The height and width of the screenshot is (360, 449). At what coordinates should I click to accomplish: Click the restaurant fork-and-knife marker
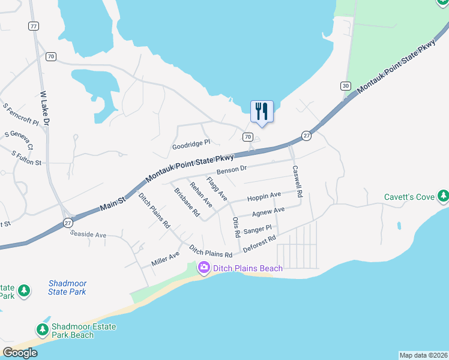click(x=262, y=111)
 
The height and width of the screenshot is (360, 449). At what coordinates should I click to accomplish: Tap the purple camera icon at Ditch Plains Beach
click(x=204, y=267)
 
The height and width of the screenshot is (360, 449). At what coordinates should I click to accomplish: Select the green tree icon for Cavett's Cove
click(x=443, y=196)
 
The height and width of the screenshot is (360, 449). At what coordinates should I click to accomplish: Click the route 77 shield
click(x=33, y=26)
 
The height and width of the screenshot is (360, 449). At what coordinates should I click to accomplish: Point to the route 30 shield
click(x=345, y=86)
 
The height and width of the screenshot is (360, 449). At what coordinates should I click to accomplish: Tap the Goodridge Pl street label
click(x=191, y=143)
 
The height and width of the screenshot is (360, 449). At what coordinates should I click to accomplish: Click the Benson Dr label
click(x=232, y=170)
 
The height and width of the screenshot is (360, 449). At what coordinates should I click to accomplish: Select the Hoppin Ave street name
click(x=264, y=196)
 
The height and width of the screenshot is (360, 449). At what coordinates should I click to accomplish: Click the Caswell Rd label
click(x=297, y=182)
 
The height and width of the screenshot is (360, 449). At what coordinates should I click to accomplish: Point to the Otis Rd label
click(x=237, y=227)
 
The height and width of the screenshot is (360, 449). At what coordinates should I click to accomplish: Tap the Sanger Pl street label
click(x=259, y=228)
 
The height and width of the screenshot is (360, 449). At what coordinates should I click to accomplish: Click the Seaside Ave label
click(x=88, y=235)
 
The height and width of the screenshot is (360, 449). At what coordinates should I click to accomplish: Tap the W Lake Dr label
click(x=46, y=109)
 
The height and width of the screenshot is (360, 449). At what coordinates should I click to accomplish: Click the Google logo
click(x=20, y=352)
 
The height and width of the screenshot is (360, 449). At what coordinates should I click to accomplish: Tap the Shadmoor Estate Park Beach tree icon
click(x=42, y=329)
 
